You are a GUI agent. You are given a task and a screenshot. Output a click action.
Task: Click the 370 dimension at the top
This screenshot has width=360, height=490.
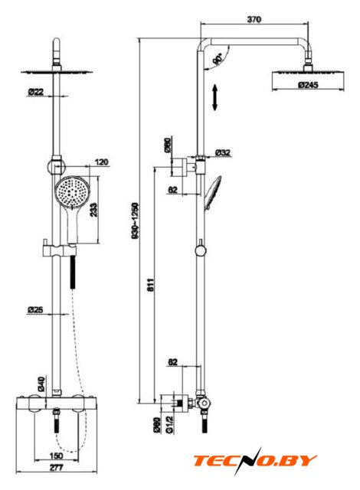(x=254, y=19)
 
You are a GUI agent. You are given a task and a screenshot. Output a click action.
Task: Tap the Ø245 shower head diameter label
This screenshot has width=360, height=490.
(x=308, y=85)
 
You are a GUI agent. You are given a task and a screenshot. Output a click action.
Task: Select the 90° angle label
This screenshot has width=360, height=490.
(x=218, y=59)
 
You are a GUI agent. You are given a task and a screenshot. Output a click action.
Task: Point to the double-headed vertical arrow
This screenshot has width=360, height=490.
(x=214, y=97)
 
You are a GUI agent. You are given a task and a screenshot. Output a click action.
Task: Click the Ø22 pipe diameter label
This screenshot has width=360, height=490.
(x=36, y=92)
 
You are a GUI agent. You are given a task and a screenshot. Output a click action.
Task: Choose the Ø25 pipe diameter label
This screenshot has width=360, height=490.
(x=35, y=310)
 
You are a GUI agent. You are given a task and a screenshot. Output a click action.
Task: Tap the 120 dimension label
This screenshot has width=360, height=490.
(x=101, y=162)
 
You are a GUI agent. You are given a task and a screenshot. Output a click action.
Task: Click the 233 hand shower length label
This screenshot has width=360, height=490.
(x=93, y=210)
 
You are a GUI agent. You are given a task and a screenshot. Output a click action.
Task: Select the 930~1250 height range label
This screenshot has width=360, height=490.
(x=135, y=221)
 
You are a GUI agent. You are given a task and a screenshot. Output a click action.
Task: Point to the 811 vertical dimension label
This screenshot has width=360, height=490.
(x=151, y=285)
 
